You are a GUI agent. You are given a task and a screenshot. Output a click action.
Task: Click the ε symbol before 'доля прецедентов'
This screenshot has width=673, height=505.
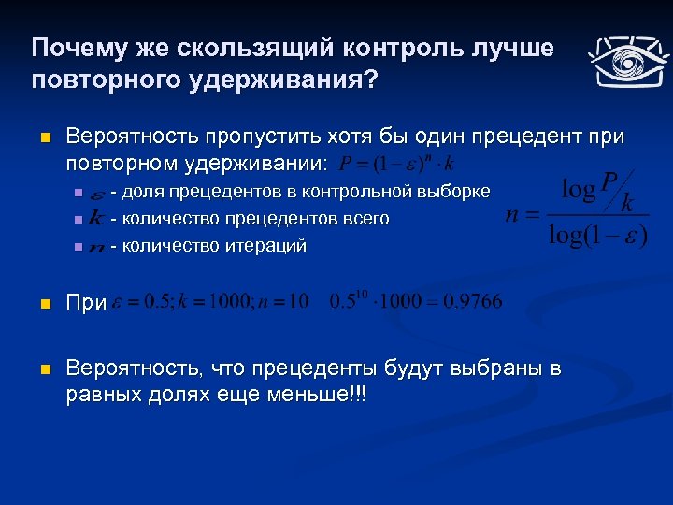click(x=97, y=194)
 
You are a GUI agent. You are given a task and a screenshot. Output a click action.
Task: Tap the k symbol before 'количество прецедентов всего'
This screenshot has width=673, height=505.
click(x=96, y=219)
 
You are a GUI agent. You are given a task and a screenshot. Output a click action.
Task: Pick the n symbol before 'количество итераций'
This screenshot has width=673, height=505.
click(x=97, y=247)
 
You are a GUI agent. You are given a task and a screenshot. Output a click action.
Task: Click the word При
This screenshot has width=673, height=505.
click(x=86, y=304)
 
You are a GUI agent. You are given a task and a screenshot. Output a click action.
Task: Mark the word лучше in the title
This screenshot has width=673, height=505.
click(x=509, y=48)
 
